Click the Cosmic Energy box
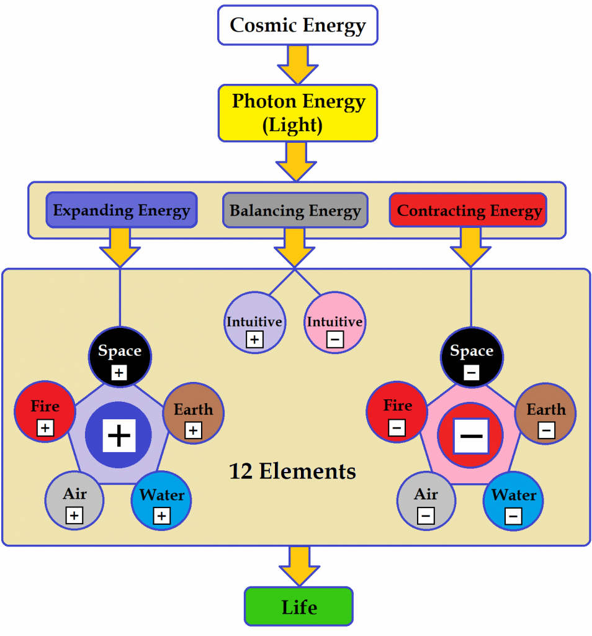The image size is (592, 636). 297,25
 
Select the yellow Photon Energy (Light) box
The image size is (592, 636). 297,113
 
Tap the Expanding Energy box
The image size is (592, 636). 122,210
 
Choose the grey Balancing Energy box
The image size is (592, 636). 295,210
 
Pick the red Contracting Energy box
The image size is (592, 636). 468,210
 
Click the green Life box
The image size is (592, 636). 298,606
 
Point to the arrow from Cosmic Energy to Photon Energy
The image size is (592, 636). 297,64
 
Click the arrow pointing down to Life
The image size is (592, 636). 299,565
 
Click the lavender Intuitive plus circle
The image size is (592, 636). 254,323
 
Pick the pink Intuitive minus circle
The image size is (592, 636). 334,323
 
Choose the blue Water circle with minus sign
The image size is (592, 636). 513,502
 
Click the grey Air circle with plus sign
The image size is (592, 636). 75,501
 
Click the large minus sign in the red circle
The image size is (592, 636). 471,436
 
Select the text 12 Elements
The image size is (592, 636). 293,472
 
